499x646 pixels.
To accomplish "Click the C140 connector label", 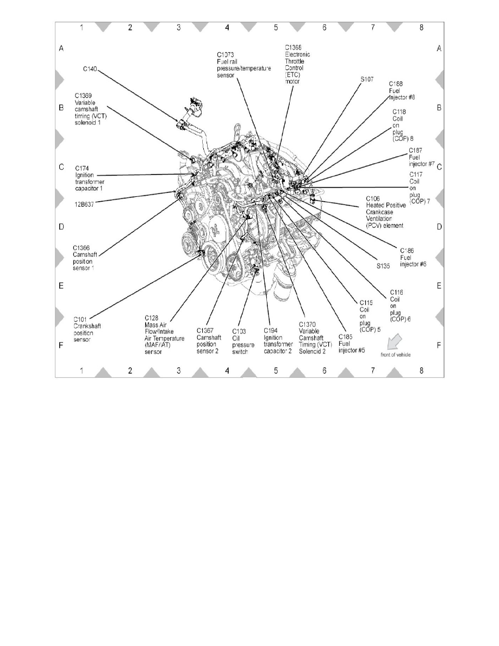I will tap(90, 69).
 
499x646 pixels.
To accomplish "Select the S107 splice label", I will tap(367, 79).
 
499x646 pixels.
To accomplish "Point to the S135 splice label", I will tap(384, 267).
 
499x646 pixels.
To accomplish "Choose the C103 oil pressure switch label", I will tap(240, 341).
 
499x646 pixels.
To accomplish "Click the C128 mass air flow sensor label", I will tap(165, 334).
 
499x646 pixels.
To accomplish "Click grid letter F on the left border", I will tap(61, 345).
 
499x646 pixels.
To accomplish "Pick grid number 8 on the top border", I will tap(421, 27).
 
